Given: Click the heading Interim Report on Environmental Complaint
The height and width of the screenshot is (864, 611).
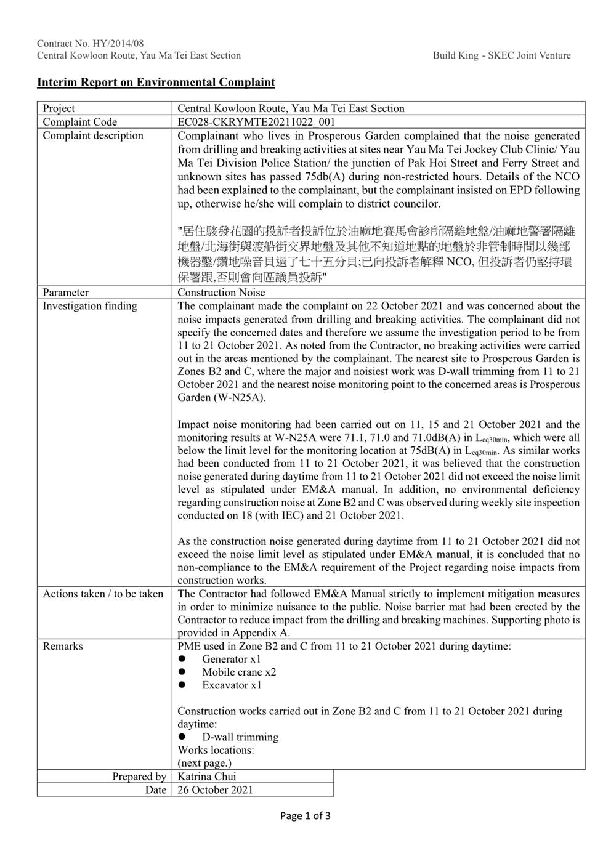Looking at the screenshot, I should tap(156, 82).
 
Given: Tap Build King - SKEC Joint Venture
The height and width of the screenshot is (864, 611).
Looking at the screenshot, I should tap(501, 55).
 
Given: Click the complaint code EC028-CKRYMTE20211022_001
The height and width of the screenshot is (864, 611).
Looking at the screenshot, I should tap(256, 122).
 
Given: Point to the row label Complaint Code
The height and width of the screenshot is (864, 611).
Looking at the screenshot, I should tap(79, 122).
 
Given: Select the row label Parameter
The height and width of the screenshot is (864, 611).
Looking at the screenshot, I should tap(65, 293).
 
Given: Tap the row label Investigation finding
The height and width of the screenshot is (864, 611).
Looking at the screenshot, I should tap(90, 306).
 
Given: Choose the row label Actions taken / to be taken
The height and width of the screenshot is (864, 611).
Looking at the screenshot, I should tap(103, 594).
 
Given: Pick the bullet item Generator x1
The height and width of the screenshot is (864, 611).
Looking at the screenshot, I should tap(232, 659).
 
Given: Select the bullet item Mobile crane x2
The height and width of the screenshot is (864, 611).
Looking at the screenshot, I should tap(239, 672).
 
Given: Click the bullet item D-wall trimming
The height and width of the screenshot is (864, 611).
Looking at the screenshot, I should tap(240, 737).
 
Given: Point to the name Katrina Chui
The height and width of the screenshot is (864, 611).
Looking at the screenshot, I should tap(207, 777).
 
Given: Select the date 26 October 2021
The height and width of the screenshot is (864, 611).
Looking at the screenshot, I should tap(215, 789).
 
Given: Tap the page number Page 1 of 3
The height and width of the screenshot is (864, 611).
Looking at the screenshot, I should tap(305, 816).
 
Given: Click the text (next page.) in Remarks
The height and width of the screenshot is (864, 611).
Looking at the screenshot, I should tap(204, 763).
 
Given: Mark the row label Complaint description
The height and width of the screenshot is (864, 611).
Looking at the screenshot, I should tap(93, 135).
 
